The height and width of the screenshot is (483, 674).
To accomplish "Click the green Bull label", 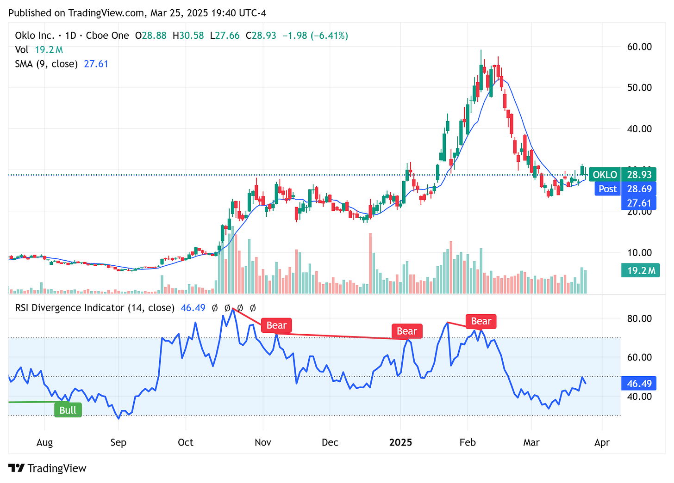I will (x=68, y=410).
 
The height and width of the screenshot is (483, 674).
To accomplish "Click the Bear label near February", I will (x=481, y=321).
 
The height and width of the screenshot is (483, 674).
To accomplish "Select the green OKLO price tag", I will (x=605, y=175).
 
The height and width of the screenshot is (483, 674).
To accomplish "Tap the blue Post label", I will (x=607, y=189).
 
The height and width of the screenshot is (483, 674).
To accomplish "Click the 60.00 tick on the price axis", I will (x=639, y=47).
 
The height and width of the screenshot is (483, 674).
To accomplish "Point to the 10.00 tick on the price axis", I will (x=639, y=252).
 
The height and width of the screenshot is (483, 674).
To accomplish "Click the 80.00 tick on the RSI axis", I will (x=639, y=318).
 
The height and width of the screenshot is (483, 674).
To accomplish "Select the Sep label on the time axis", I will (x=119, y=442).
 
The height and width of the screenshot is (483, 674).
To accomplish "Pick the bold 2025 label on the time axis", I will (x=400, y=442).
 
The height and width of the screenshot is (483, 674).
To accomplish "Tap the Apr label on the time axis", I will (x=602, y=442).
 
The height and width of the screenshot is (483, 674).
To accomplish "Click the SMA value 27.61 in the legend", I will (x=96, y=64).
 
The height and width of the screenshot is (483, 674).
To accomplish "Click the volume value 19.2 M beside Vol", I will (x=49, y=50).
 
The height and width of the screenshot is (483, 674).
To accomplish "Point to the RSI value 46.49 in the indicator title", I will (x=193, y=308).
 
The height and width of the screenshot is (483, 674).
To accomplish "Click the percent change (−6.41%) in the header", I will (x=329, y=36).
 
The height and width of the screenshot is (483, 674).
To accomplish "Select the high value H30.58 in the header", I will (x=188, y=36).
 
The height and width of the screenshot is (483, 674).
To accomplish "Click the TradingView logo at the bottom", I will (x=48, y=468).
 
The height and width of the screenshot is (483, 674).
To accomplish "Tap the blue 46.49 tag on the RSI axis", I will (x=639, y=384).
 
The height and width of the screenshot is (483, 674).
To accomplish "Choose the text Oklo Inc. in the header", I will (x=35, y=36).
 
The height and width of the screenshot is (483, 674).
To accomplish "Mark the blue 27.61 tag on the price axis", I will (x=639, y=203).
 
